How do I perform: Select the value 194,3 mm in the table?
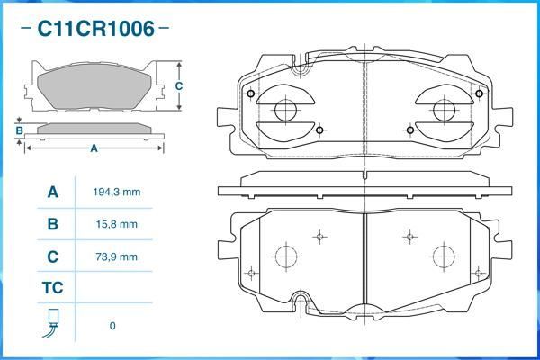click(116, 193)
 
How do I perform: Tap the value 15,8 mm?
click(116, 224)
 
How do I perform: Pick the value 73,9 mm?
click(116, 256)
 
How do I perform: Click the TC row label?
click(52, 289)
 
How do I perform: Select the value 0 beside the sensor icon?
click(112, 326)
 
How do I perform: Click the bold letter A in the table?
click(52, 193)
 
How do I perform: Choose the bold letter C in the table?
click(52, 256)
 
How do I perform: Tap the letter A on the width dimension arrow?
click(94, 149)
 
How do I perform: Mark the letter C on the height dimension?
click(179, 86)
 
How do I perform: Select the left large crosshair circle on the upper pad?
click(285, 111)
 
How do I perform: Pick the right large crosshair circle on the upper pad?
click(444, 111)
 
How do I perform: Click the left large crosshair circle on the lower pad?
click(285, 256)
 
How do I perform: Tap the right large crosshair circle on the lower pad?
click(444, 256)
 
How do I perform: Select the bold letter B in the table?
click(52, 224)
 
